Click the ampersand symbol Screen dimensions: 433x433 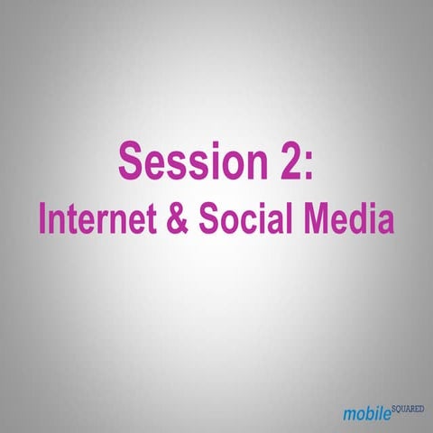tap(176, 219)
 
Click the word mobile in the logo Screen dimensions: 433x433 tap(368, 413)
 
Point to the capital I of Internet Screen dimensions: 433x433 tap(42, 219)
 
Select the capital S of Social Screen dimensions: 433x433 tap(205, 219)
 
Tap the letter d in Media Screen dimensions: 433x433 tap(362, 219)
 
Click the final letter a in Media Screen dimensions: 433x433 tap(386, 223)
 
